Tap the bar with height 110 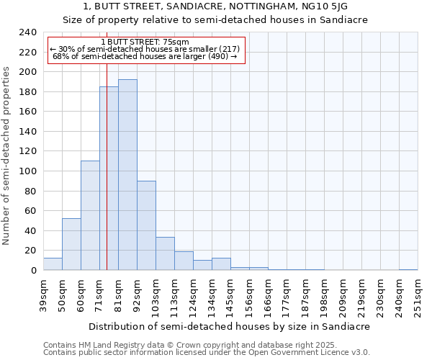click(90, 215)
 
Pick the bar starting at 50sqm click(71, 244)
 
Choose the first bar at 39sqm click(53, 264)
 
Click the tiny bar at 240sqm click(408, 269)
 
